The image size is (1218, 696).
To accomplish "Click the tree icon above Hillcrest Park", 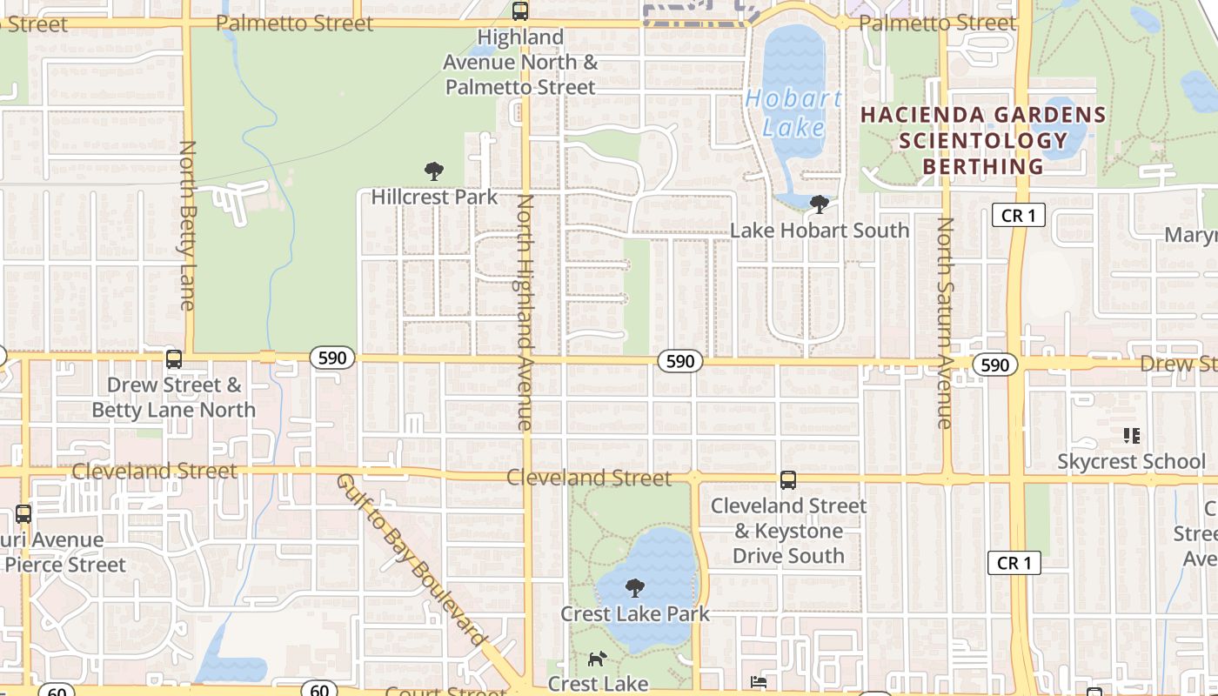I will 433,171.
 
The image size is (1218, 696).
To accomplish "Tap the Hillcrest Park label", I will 434,197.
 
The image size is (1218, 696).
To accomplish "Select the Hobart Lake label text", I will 793,113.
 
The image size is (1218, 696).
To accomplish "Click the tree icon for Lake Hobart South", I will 819,204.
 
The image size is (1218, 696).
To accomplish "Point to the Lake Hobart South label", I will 819,231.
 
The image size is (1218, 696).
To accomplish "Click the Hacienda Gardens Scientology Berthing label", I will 983,140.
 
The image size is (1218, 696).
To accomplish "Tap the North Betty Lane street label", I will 187,224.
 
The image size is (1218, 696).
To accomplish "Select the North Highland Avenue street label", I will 524,311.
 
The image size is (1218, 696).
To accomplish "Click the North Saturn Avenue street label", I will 945,322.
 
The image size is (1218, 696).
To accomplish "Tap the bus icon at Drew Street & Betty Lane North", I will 174,358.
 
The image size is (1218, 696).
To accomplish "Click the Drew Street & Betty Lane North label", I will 174,397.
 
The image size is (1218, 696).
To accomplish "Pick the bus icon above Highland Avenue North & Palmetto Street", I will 520,11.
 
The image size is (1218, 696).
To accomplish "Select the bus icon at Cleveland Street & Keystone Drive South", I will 788,479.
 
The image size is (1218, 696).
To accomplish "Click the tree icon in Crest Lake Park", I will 635,588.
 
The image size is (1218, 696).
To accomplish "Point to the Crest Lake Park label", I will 635,613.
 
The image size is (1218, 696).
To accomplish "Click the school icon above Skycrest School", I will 1131,435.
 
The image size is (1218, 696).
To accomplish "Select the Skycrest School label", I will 1131,461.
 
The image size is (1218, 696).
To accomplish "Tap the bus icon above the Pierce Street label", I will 23,513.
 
